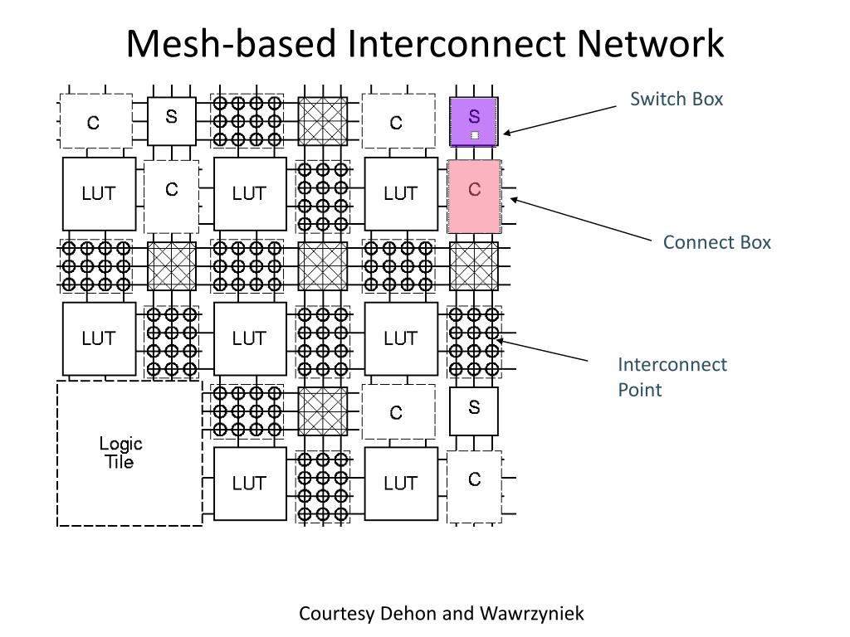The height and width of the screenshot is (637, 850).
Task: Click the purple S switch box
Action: (474, 122)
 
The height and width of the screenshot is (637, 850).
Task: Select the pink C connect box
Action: (474, 197)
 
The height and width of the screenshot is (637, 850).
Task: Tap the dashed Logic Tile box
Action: (129, 453)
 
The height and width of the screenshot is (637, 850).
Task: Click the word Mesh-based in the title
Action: (231, 44)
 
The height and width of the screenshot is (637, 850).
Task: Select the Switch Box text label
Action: (677, 100)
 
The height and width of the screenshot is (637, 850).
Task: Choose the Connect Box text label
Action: (716, 242)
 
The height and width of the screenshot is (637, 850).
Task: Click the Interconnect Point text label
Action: (672, 377)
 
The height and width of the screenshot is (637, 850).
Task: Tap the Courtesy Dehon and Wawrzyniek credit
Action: (441, 614)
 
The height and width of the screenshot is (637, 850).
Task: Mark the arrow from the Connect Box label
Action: (581, 220)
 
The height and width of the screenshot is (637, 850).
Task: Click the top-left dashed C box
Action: (95, 122)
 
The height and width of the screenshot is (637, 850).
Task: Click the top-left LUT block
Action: (99, 194)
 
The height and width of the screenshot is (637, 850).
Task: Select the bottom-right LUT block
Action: (401, 484)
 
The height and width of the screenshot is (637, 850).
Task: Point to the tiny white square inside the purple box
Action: (475, 134)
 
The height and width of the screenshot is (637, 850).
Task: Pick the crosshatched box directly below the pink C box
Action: (474, 266)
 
